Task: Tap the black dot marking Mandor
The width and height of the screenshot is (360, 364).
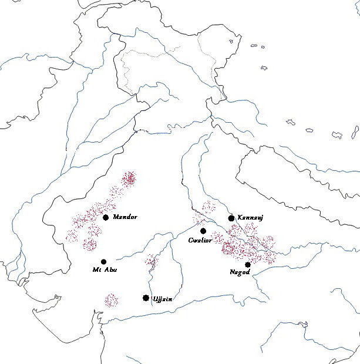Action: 106,217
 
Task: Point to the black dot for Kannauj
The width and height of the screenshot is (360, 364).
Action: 231,218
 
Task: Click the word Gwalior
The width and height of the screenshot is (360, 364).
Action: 200,240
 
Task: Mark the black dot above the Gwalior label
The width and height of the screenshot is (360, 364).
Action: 203,231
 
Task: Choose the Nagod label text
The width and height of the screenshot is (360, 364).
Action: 240,272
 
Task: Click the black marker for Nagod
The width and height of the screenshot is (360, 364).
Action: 248,265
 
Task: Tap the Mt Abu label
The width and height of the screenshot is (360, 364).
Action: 105,270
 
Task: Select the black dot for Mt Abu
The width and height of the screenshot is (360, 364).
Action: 104,262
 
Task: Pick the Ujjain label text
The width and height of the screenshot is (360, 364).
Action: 162,299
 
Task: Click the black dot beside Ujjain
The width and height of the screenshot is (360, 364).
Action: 146,298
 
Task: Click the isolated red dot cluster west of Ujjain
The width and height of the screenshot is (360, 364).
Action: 111,301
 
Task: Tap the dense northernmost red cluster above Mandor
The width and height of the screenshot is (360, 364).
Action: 129,177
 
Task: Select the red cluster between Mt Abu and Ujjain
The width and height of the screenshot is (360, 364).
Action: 152,261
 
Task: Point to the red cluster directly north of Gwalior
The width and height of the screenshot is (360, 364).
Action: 207,207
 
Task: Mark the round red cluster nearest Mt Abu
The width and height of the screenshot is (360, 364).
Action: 90,244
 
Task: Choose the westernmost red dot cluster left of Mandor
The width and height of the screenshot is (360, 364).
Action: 72,235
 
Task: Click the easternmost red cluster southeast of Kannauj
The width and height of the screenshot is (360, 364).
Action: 268,242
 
